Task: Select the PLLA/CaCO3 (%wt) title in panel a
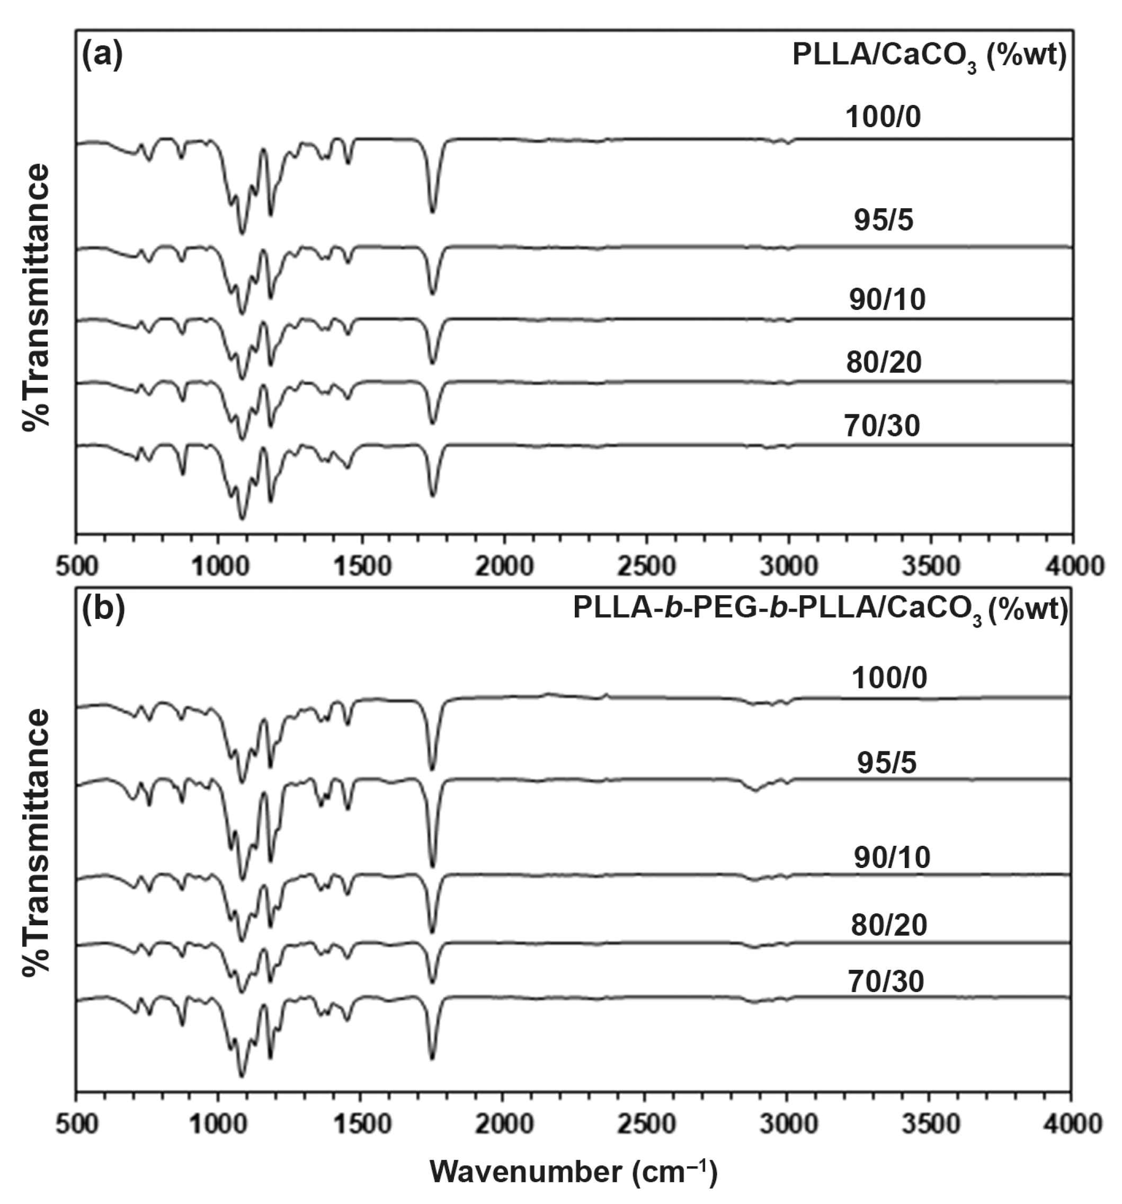928,57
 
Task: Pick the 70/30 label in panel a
881,425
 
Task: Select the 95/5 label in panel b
886,763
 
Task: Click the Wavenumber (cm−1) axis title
573,1172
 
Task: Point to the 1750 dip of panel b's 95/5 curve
432,866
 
